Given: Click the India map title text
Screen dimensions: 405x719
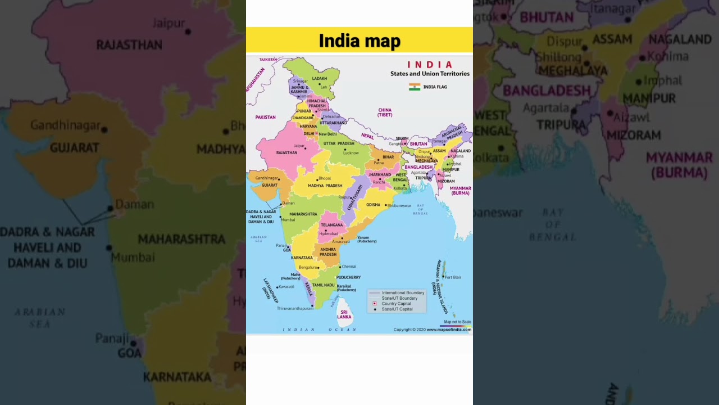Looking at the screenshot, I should point(359,41).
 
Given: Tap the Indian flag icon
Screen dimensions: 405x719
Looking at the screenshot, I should point(415,87).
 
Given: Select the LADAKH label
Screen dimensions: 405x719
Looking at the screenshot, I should point(319,79).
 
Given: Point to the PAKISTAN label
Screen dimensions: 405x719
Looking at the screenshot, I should point(265,117).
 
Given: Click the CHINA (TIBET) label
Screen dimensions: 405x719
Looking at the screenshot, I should point(385,112).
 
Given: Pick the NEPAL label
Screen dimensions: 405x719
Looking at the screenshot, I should point(367,136).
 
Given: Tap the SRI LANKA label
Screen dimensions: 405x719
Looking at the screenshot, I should point(344,314).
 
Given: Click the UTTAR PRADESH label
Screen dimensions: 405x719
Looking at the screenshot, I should point(339,143).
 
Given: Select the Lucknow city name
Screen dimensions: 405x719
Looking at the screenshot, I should point(351,153).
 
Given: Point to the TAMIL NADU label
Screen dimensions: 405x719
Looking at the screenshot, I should point(324,285).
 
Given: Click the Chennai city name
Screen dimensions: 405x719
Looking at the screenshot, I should point(349,267).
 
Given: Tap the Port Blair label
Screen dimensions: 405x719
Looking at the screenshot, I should point(453,277).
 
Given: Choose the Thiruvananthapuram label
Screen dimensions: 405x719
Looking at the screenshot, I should point(295,308).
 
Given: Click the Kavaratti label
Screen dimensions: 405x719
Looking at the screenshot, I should point(286,287).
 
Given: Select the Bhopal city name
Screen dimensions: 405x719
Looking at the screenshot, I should point(325,178).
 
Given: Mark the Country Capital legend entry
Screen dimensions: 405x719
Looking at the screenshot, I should point(397,304).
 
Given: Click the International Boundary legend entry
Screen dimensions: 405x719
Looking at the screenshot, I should point(403,293).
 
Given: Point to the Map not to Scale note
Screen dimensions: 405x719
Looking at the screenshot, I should point(457,322).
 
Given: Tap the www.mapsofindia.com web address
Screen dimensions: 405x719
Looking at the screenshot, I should point(448,330).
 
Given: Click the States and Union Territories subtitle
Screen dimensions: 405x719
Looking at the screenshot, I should point(430,74).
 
